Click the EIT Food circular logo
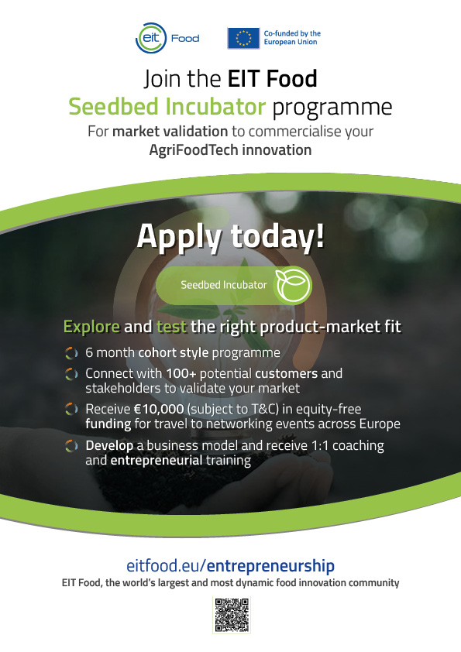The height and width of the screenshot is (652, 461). tap(151, 38)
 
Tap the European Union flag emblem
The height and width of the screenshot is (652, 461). tap(243, 38)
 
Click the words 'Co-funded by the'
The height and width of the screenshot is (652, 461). tap(292, 33)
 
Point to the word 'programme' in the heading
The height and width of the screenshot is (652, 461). tap(332, 108)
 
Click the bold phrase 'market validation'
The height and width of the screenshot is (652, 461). tap(170, 132)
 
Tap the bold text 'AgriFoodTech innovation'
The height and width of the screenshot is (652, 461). tap(231, 149)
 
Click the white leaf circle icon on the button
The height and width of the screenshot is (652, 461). tap(294, 285)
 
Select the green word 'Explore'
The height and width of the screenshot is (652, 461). tap(91, 327)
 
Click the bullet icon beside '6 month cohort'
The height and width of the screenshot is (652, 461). tap(71, 353)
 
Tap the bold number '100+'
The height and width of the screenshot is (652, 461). tap(181, 373)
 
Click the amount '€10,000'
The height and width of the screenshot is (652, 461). tap(159, 409)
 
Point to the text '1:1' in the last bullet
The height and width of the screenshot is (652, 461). tap(320, 445)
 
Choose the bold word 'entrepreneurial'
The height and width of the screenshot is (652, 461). tap(157, 460)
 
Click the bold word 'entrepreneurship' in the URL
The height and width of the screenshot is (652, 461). tap(270, 566)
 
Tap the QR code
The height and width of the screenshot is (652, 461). tap(232, 616)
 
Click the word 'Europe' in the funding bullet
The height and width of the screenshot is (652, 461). tap(380, 424)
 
